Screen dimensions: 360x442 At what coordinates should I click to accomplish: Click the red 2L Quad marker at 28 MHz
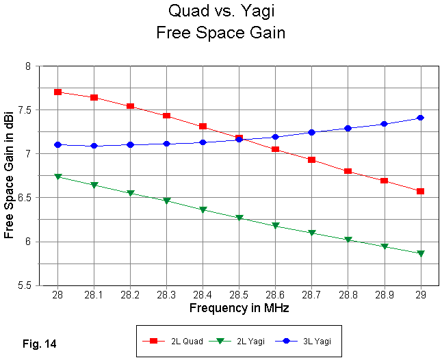point(57,92)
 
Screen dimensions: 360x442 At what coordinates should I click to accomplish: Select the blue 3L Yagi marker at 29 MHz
point(420,118)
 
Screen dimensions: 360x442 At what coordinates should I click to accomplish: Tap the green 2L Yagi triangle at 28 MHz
point(57,177)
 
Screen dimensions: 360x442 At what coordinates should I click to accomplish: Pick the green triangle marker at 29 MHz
point(420,254)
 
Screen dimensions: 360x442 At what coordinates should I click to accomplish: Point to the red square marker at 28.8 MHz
point(348,171)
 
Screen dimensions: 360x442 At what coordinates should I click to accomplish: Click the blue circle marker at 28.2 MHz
point(130,144)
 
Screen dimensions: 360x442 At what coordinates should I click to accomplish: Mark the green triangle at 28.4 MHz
point(203,210)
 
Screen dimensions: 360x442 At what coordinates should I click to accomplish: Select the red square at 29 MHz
point(420,191)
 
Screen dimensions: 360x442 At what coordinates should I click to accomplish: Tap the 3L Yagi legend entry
point(304,340)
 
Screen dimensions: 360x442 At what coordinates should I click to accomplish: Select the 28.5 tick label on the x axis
point(239,295)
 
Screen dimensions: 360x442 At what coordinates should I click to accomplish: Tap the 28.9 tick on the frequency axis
point(384,295)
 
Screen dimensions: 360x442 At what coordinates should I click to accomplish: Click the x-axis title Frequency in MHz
point(239,308)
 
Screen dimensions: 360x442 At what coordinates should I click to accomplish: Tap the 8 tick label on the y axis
point(29,66)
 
